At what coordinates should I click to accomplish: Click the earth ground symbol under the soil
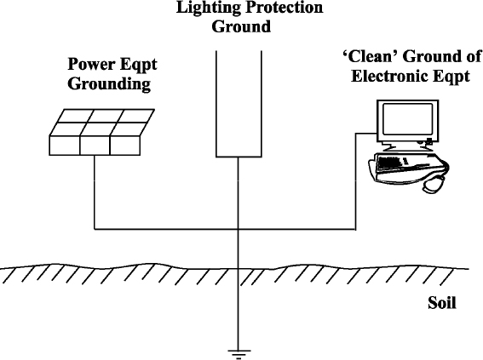(x=239, y=354)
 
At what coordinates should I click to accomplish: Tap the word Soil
(x=442, y=303)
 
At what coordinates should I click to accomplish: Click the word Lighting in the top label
(x=208, y=8)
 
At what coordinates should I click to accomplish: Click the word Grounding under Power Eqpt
(x=109, y=84)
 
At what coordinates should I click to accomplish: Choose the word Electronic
(x=390, y=76)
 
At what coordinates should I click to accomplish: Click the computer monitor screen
(x=407, y=119)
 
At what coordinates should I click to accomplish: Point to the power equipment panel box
(x=101, y=132)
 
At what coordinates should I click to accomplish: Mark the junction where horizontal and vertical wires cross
(x=239, y=229)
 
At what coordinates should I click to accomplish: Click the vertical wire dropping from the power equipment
(x=95, y=192)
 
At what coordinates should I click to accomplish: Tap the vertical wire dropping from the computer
(x=356, y=181)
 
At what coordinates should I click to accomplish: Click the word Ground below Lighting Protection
(x=241, y=26)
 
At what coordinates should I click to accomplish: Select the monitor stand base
(x=407, y=148)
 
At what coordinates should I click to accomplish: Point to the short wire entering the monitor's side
(x=366, y=134)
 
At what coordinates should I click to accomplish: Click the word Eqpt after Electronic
(x=451, y=77)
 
